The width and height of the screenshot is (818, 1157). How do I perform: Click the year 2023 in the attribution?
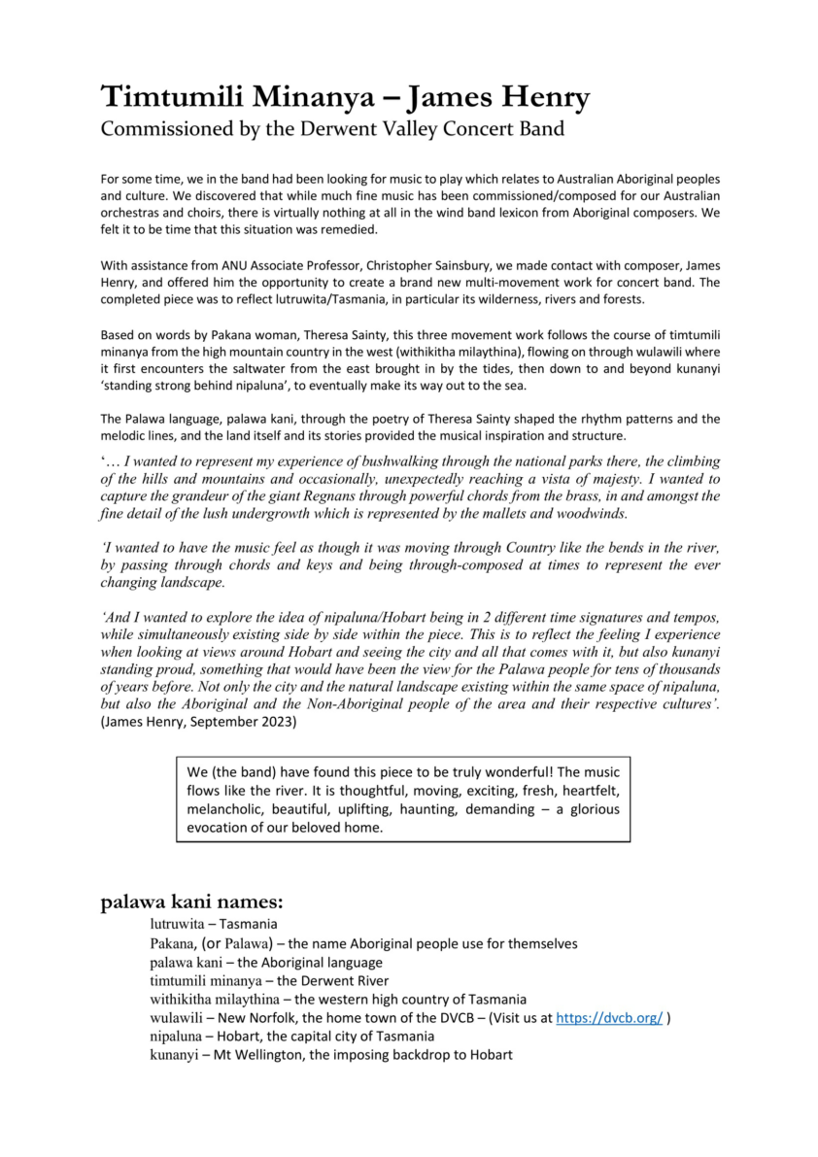click(277, 722)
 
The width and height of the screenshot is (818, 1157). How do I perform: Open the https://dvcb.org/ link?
click(609, 1018)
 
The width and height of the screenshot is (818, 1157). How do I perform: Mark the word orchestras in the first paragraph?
click(132, 213)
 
